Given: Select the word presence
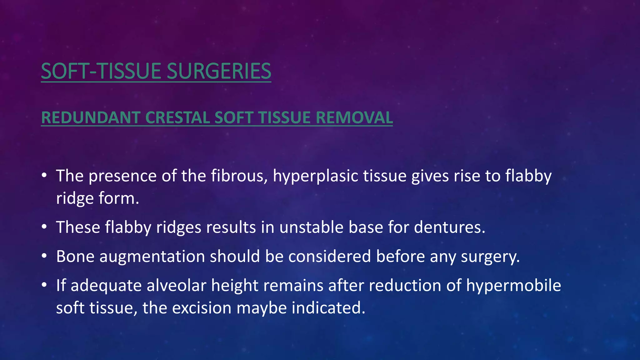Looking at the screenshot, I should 123,176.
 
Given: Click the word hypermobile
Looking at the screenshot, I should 513,285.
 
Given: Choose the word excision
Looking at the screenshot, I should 202,308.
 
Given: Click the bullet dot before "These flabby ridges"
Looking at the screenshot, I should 44,227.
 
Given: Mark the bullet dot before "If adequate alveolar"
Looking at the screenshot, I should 44,285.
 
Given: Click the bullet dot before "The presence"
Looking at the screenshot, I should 44,176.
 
